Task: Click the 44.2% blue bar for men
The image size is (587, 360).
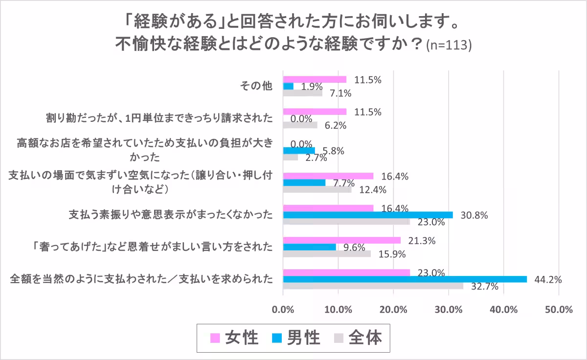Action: click(405, 279)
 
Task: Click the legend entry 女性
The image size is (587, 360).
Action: click(234, 338)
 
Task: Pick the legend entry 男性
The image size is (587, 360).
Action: click(296, 338)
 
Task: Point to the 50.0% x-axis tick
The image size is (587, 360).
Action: click(559, 310)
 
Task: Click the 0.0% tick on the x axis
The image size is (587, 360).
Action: click(283, 310)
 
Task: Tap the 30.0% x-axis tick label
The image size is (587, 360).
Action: click(449, 310)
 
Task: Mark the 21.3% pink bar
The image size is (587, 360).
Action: click(342, 240)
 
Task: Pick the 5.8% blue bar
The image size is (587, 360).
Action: click(299, 151)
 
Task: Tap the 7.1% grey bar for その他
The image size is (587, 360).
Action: click(302, 93)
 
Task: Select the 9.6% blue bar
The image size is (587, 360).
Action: click(310, 247)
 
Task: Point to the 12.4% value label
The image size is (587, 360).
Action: click(373, 190)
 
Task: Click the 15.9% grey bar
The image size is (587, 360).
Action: click(327, 254)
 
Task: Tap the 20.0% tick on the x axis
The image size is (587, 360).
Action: click(393, 310)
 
